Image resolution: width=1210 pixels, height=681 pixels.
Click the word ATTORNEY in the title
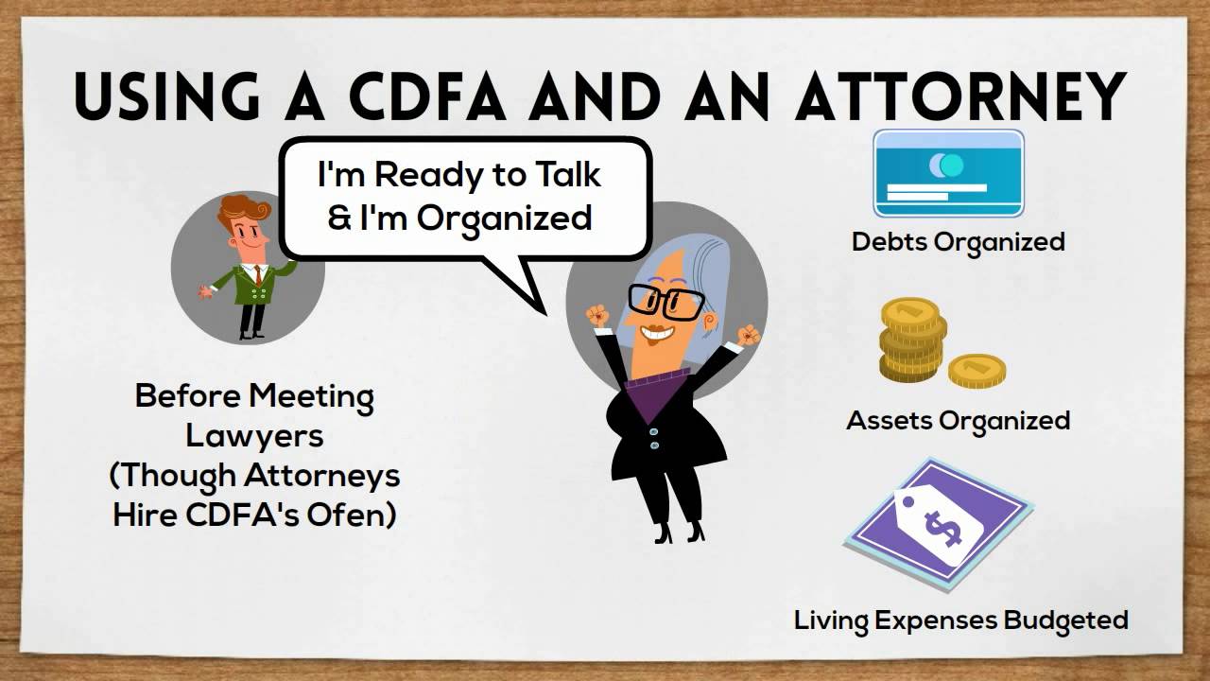(x=960, y=95)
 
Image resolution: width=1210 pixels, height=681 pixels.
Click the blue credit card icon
(x=947, y=173)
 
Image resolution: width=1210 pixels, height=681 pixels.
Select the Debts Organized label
(x=958, y=241)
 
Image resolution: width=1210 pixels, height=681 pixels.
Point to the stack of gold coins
(x=912, y=339)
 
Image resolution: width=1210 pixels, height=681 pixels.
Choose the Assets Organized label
(x=958, y=420)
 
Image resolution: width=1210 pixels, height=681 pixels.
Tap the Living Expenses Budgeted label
(x=960, y=620)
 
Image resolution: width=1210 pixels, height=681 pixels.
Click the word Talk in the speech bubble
(x=563, y=175)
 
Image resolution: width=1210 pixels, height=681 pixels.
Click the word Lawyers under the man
(x=254, y=436)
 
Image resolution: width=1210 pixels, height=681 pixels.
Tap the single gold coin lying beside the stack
(x=977, y=370)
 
